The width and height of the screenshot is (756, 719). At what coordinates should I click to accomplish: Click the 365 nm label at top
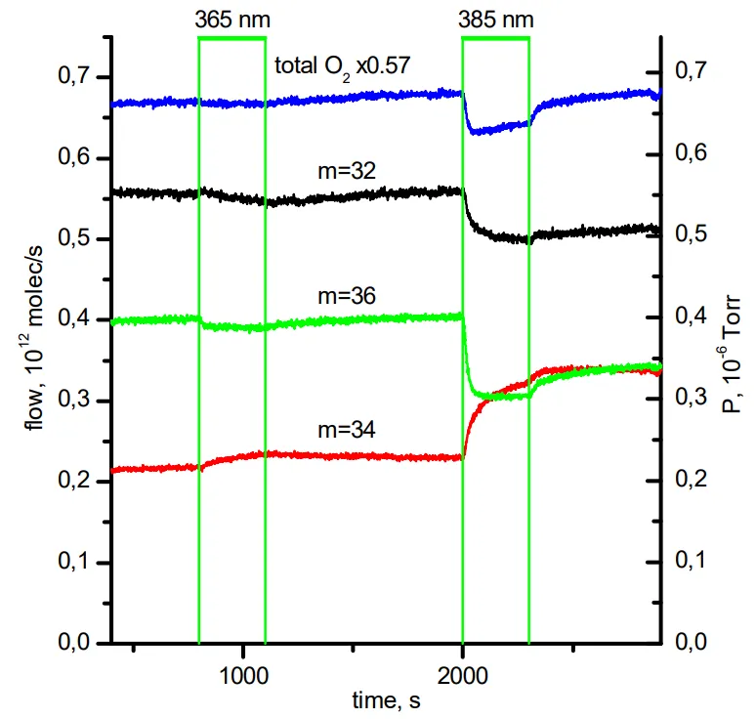(x=231, y=20)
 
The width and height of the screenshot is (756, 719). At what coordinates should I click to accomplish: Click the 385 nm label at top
(x=496, y=20)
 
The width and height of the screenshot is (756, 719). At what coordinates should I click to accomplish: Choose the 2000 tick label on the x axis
(x=463, y=675)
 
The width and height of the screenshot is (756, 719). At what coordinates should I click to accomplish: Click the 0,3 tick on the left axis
(x=77, y=401)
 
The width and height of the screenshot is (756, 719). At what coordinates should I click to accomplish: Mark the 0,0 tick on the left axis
(x=77, y=643)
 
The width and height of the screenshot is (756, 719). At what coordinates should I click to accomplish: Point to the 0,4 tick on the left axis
(x=77, y=319)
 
